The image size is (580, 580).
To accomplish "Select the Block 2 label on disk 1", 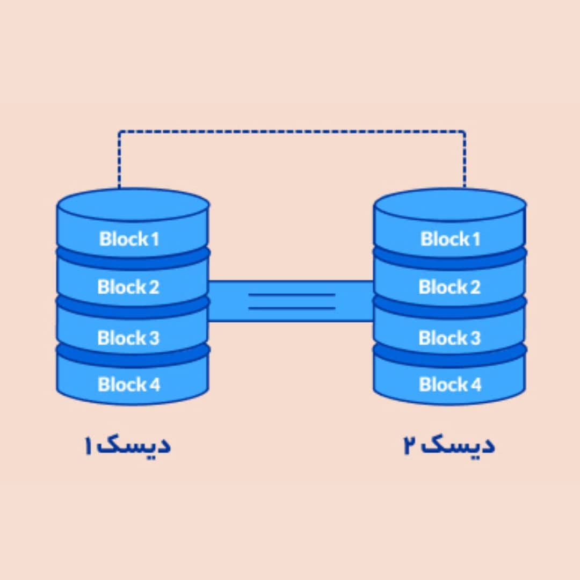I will coord(128,287).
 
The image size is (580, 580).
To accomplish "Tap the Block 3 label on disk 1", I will coord(128,338).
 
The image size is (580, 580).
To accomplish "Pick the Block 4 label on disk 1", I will coord(129,385).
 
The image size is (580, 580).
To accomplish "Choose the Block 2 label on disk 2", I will coord(450,287).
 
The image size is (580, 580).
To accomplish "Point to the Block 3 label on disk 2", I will coord(450,338).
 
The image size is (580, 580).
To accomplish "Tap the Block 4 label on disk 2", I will coord(450,385).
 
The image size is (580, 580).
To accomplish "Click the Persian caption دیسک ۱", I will coord(127,446).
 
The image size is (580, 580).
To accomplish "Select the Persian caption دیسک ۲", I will coord(449,446).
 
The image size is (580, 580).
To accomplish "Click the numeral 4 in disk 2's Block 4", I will coord(476,385).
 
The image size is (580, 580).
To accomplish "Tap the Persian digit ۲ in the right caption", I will coord(411,446).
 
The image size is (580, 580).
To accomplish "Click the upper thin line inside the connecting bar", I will coord(292,295).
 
